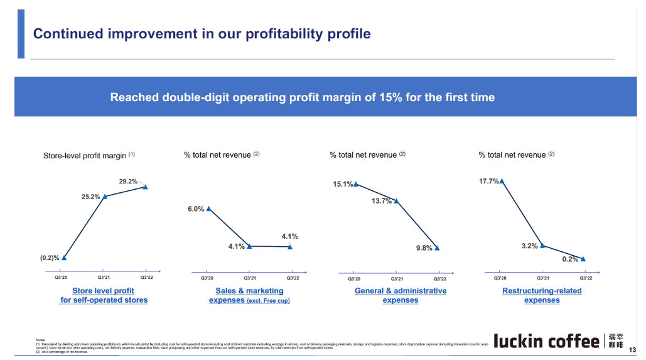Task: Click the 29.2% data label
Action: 128,182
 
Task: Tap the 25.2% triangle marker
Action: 105,197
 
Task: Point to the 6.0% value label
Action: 196,209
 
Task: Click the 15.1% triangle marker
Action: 356,184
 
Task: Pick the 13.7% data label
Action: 382,201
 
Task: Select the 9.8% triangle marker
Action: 437,248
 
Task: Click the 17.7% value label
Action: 489,181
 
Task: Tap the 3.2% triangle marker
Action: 542,246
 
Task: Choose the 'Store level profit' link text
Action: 103,291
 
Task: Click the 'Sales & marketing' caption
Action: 249,291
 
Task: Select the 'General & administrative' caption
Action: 401,291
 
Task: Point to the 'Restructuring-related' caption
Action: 542,291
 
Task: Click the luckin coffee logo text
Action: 546,341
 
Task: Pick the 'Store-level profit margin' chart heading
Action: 85,155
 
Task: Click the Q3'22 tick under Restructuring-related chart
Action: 586,277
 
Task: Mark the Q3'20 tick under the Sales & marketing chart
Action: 207,277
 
